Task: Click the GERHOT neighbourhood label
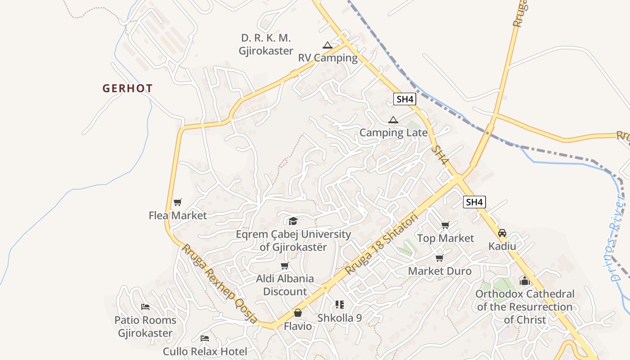coord(128,89)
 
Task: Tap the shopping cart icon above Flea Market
coord(178,202)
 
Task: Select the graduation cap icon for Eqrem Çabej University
coord(293,221)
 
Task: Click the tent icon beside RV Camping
coord(327,45)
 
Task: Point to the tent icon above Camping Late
coord(393,120)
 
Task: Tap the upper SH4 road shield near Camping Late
coord(404,99)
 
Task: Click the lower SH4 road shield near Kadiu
coord(474,202)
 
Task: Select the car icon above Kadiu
coord(502,233)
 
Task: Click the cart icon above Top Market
coord(445,225)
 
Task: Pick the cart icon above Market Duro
coord(440,258)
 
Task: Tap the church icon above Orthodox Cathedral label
coord(525,281)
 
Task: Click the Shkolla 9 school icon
coord(340,305)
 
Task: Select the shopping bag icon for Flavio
coord(298,313)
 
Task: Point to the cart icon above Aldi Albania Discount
coord(285,265)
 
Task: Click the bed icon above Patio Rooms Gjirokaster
coord(145,307)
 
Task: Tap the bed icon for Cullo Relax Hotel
coord(205,338)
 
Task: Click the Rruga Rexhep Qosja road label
coord(219,283)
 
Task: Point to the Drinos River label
coord(617,236)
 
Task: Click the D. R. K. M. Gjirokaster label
coord(266,44)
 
